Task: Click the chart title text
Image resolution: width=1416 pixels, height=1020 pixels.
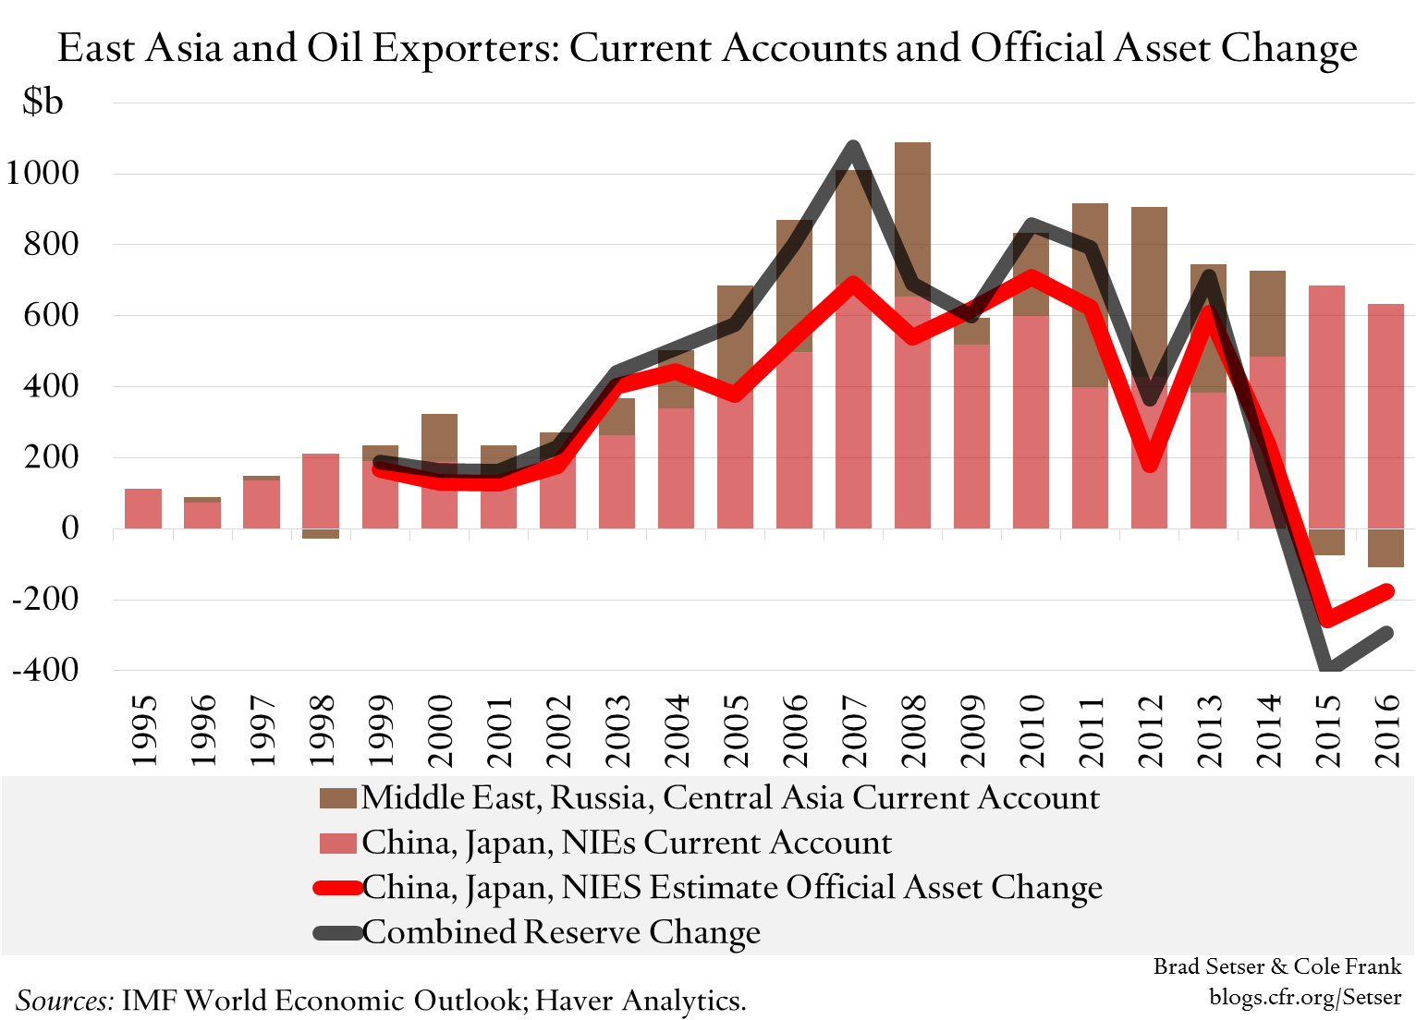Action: coord(707,48)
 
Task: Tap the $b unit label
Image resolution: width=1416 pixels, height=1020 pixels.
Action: coord(43,102)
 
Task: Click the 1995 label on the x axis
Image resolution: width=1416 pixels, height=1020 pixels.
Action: coord(143,730)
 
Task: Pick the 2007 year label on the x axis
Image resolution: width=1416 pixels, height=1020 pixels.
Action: coord(854,730)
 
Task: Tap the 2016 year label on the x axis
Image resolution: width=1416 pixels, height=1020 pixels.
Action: coord(1387,730)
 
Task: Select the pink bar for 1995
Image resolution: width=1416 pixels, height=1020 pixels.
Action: coord(143,508)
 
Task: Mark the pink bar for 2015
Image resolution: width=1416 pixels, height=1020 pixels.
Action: coord(1327,407)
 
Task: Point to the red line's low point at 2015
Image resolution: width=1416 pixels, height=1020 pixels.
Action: coord(1327,620)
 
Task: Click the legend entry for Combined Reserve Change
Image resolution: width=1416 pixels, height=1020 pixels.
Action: coord(561,932)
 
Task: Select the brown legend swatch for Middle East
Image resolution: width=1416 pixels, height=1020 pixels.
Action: coord(337,798)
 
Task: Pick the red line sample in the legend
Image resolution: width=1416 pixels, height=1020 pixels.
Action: coord(337,888)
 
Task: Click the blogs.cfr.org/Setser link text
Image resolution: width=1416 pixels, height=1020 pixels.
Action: coord(1305,997)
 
